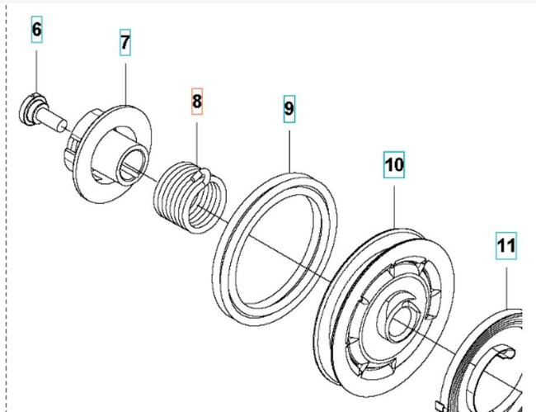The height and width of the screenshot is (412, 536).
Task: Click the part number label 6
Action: tap(36, 31)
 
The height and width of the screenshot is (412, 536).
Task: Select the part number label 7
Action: tap(125, 44)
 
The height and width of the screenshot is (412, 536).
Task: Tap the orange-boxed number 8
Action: tap(196, 102)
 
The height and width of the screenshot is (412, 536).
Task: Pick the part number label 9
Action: tap(289, 107)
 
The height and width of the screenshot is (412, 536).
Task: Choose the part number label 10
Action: tap(393, 164)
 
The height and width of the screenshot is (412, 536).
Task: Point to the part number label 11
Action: tap(505, 245)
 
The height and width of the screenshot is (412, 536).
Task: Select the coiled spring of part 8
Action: tap(189, 199)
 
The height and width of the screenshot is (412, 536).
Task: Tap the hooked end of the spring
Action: tap(206, 174)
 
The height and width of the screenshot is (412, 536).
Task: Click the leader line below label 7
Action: tap(125, 79)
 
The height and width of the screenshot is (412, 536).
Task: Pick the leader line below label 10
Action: tap(394, 202)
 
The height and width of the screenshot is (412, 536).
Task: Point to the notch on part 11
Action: tap(505, 356)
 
